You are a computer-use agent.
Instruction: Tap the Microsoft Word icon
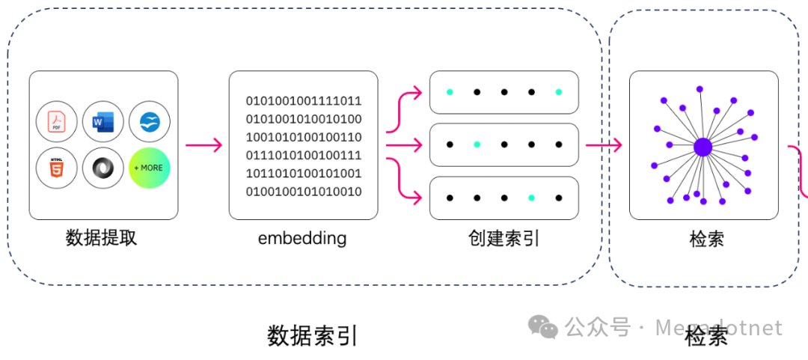103,121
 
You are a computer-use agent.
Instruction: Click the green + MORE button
150,168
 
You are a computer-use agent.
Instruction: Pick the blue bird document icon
150,121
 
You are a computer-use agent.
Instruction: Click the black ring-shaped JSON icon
103,168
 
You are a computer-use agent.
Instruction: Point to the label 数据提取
102,238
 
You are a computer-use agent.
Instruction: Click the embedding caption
302,238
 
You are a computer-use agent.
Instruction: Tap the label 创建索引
504,238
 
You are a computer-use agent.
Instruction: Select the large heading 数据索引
313,335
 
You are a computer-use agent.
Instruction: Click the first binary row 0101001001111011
304,100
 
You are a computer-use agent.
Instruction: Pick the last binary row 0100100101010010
304,192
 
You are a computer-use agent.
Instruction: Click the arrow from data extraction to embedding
203,145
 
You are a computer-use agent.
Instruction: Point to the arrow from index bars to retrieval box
604,145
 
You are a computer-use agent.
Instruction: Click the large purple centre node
702,147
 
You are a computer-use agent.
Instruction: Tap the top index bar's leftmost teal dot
450,92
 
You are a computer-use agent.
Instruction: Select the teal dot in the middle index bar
477,144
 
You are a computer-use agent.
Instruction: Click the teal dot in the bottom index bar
531,198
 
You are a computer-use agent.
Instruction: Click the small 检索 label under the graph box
706,240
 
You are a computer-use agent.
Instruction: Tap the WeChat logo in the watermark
543,327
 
